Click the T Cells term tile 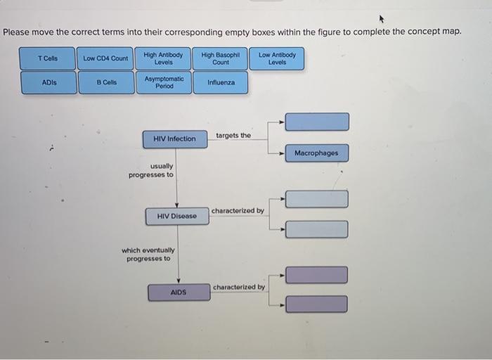(x=48, y=58)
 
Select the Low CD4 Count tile (x=105, y=58)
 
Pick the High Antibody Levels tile (x=163, y=58)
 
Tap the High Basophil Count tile (x=221, y=58)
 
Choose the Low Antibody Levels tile (x=277, y=58)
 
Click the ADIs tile (x=48, y=82)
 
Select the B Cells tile (x=106, y=82)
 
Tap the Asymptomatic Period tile (x=164, y=82)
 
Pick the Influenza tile (x=221, y=82)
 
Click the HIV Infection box (x=174, y=139)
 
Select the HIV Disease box (x=177, y=216)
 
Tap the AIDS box (x=179, y=292)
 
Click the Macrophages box (x=316, y=153)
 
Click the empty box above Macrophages (x=316, y=122)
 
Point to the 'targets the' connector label (x=233, y=135)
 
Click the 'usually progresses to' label (x=151, y=170)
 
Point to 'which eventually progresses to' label (x=148, y=254)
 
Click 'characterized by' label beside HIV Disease (x=238, y=210)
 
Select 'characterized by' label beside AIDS (x=239, y=287)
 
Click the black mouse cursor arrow (x=382, y=19)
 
